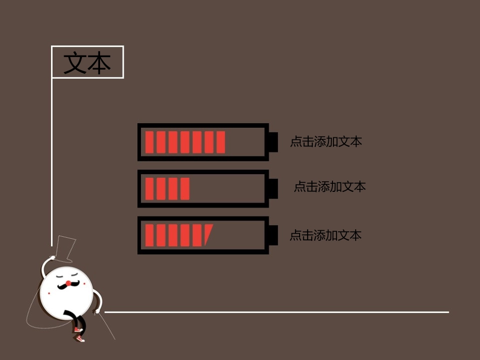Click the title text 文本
(87, 63)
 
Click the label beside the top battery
(326, 142)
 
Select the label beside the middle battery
(329, 187)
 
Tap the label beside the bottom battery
(326, 235)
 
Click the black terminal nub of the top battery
(273, 142)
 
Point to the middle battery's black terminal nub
(273, 188)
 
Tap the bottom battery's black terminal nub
(273, 235)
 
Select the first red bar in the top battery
(149, 142)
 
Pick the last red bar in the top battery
(221, 142)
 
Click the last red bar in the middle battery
(185, 188)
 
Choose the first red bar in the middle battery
(149, 188)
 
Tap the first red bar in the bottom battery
(149, 235)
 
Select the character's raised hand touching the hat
(51, 259)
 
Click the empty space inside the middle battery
(227, 188)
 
